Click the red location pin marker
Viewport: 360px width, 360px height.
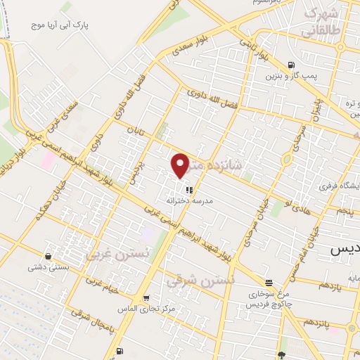[181, 165]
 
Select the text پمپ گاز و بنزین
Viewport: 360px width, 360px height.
[292, 74]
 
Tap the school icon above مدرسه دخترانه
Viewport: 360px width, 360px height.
[188, 189]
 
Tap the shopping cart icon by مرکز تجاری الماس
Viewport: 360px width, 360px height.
[145, 297]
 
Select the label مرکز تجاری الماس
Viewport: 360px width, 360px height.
[145, 309]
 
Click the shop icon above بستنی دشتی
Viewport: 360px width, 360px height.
[47, 256]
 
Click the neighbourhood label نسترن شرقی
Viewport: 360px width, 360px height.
[189, 280]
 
